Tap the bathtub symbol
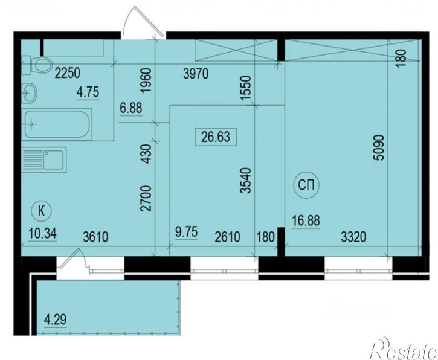click(x=57, y=125)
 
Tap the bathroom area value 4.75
click(x=88, y=94)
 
